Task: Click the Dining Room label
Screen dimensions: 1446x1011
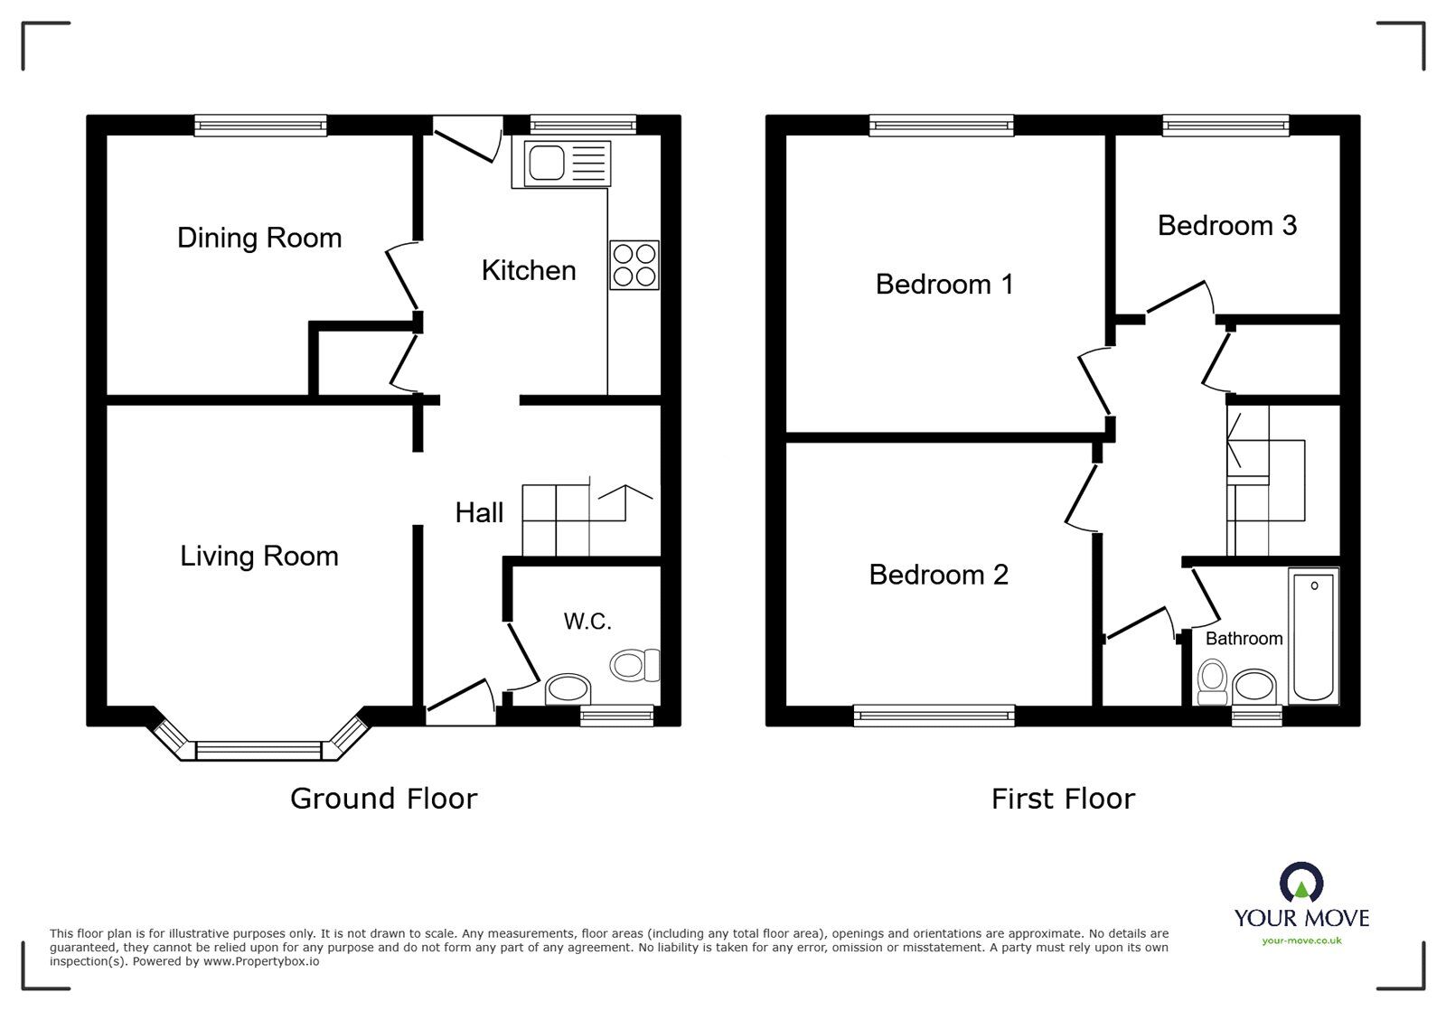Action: pos(259,239)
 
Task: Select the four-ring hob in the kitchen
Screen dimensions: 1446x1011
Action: pos(634,265)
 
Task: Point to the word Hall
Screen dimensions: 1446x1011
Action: pos(479,513)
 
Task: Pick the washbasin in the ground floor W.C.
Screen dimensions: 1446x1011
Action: pos(568,689)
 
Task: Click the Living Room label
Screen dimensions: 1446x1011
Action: pos(259,557)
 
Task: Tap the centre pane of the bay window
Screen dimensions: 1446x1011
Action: pos(258,751)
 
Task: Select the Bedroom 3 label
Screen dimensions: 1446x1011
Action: pos(1227,226)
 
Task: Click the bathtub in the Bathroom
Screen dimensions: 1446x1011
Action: pos(1314,635)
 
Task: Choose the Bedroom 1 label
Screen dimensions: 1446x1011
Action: pos(944,285)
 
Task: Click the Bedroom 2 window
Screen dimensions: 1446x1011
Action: pos(934,716)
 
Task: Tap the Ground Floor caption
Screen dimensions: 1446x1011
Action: pos(384,799)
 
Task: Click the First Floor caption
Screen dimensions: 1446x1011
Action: pos(1063,799)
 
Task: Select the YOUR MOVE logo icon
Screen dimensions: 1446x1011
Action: pos(1301,882)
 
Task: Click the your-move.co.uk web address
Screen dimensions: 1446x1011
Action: pos(1301,941)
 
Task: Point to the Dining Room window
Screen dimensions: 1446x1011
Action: pos(261,126)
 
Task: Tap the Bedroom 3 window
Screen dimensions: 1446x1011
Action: pos(1225,126)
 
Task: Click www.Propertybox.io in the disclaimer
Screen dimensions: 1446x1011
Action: pos(261,961)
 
